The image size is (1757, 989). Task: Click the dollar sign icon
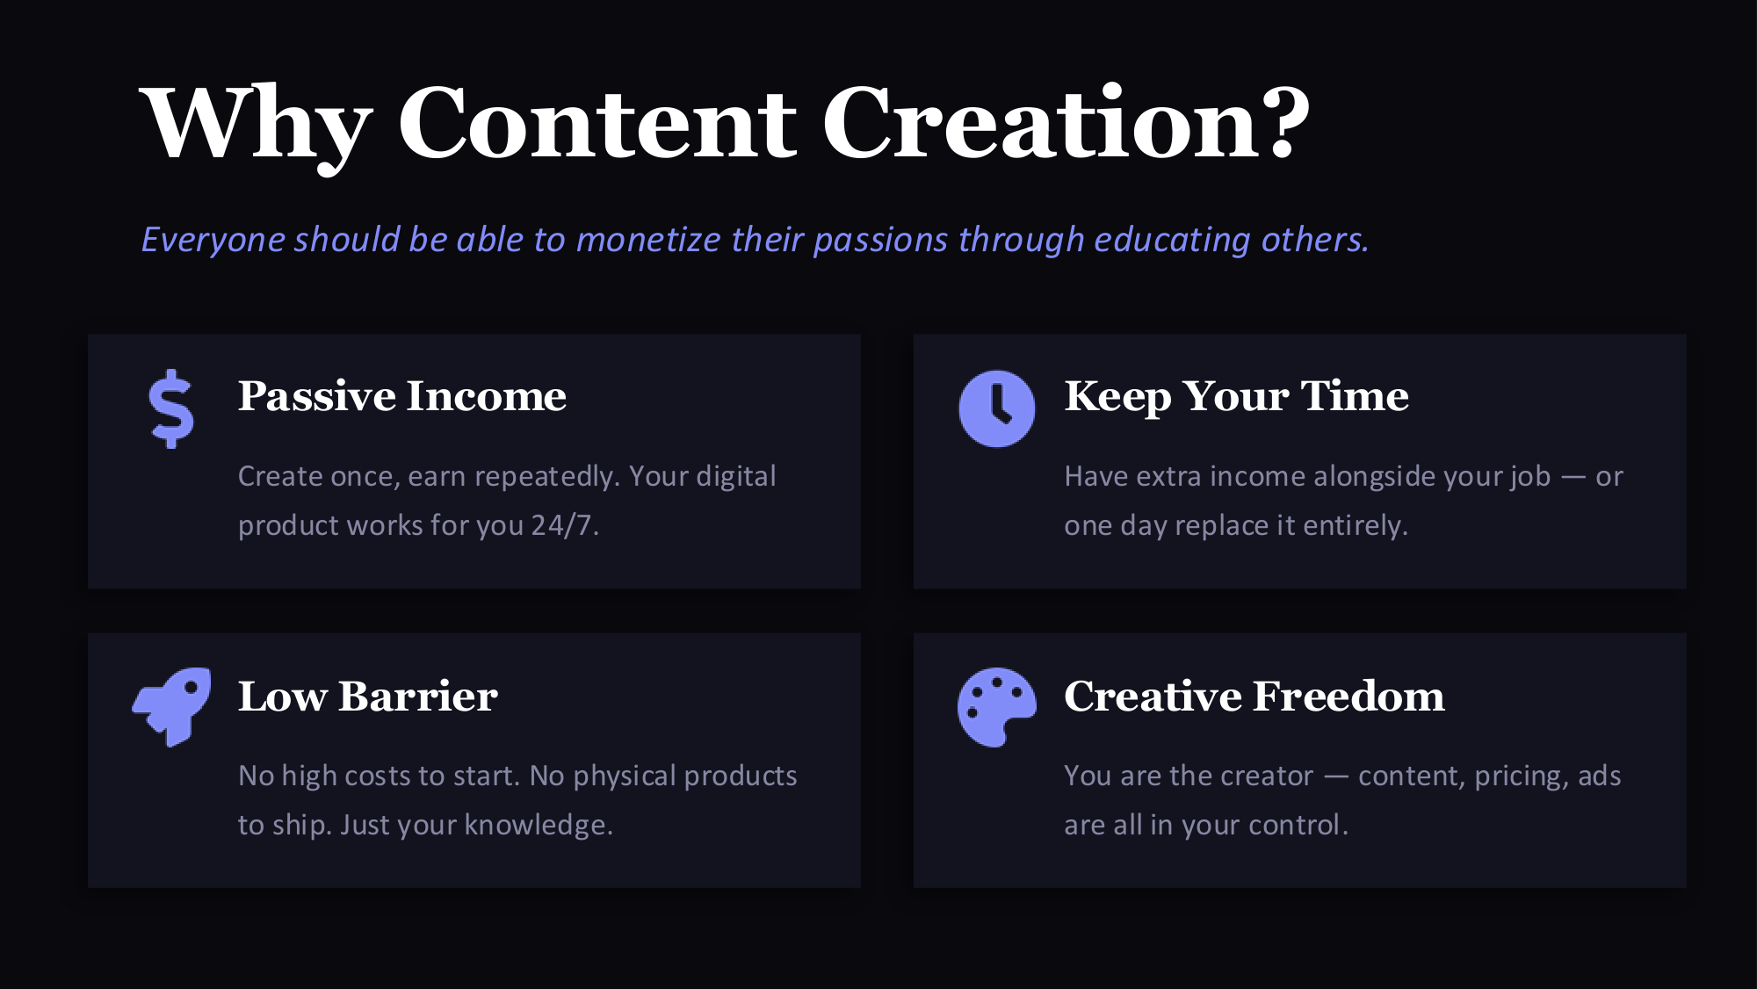point(171,408)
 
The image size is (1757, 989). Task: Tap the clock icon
point(996,408)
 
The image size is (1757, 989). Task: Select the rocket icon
point(171,707)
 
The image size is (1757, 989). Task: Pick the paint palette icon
point(996,708)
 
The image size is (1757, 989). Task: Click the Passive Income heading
point(401,396)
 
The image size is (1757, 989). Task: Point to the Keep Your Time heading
point(1236,396)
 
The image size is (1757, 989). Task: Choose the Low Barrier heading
point(367,696)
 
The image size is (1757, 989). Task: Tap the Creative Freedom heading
point(1254,696)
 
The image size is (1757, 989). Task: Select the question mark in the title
point(1283,121)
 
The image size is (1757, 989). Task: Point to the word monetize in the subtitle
point(648,239)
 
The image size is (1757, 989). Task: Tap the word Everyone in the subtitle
point(213,240)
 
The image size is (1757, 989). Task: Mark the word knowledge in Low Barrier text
point(538,825)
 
